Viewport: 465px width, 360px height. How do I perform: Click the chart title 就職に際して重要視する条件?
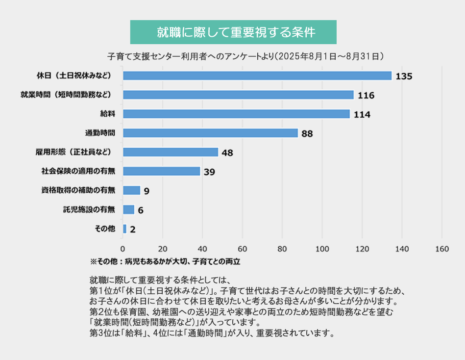[x=233, y=32]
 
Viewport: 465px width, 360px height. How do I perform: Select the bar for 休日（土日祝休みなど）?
[x=257, y=76]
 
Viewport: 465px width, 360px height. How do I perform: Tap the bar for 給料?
[x=236, y=114]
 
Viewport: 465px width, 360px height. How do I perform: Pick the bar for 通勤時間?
[x=210, y=133]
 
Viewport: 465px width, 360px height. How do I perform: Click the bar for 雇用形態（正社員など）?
[x=171, y=152]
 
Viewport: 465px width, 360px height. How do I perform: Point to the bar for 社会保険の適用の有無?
[x=162, y=171]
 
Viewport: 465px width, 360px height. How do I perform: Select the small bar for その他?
[x=124, y=229]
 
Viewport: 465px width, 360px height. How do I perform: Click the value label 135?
[x=404, y=76]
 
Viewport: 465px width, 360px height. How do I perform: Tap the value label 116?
[x=366, y=95]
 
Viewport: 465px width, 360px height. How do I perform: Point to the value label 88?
[x=307, y=133]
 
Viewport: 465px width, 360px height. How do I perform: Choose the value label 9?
[x=147, y=191]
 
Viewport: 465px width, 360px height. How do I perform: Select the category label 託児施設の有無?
[x=89, y=209]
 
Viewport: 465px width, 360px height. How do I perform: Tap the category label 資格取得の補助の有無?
[x=78, y=190]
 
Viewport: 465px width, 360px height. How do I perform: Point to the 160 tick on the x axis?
[x=441, y=249]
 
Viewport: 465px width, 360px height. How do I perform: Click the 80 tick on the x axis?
[x=282, y=249]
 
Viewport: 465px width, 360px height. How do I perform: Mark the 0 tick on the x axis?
[x=123, y=249]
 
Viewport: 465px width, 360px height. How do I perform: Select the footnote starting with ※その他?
[x=165, y=261]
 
